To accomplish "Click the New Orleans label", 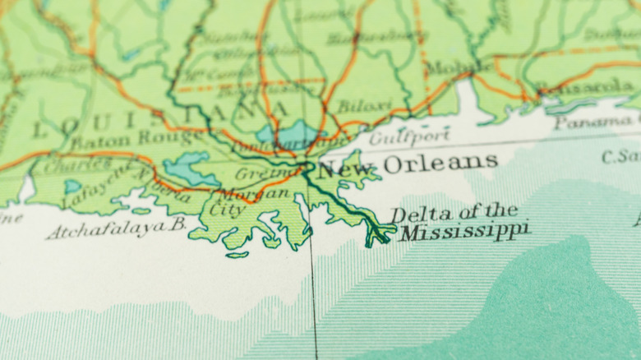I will (x=407, y=164).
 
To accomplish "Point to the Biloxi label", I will (x=364, y=106).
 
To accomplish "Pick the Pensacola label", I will (x=584, y=86).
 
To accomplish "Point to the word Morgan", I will (x=254, y=195).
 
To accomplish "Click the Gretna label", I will (x=261, y=173).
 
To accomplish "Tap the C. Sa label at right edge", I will (x=620, y=156).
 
